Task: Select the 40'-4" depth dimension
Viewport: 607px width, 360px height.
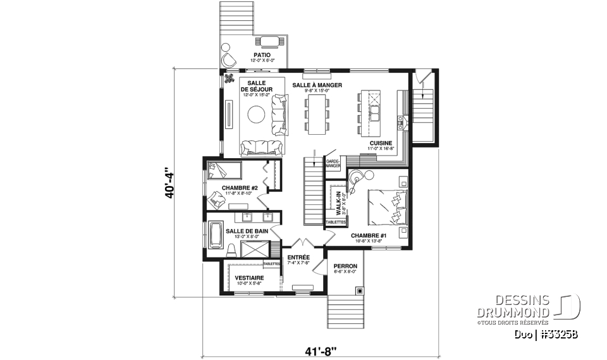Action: [168, 183]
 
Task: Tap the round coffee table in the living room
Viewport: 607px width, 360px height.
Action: [257, 115]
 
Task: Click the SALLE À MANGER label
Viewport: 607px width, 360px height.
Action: [317, 85]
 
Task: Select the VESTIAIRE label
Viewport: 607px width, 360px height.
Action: [249, 278]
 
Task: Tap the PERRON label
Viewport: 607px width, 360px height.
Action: [345, 266]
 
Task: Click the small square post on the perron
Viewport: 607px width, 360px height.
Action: [360, 291]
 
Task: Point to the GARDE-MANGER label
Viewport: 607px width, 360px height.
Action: [333, 163]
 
